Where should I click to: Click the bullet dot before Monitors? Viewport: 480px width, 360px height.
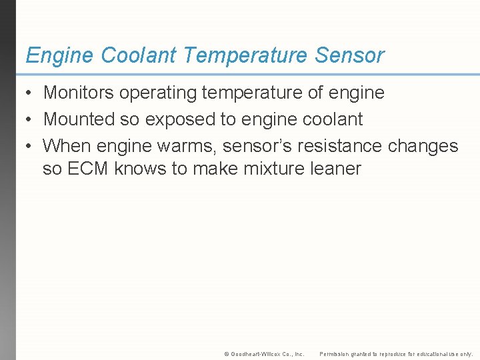(31, 93)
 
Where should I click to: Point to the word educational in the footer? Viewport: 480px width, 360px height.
(430, 353)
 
